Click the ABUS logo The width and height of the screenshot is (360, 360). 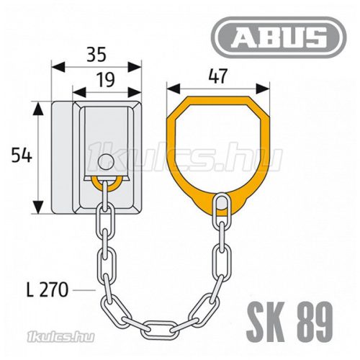(x=279, y=37)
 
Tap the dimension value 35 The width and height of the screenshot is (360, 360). (x=96, y=55)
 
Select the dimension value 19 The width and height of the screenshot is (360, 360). (x=105, y=80)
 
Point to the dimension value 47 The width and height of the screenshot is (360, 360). (x=217, y=76)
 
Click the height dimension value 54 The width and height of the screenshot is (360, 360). (x=22, y=156)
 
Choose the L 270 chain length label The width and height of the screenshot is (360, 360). (x=48, y=289)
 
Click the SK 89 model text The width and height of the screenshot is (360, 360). (x=289, y=322)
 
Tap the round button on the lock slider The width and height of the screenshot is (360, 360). (x=106, y=162)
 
